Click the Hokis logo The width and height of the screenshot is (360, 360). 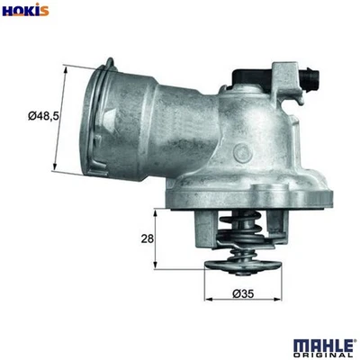coord(25,11)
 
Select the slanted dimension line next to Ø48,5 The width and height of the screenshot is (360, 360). coord(62,118)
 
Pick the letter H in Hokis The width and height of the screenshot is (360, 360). coord(7,11)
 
